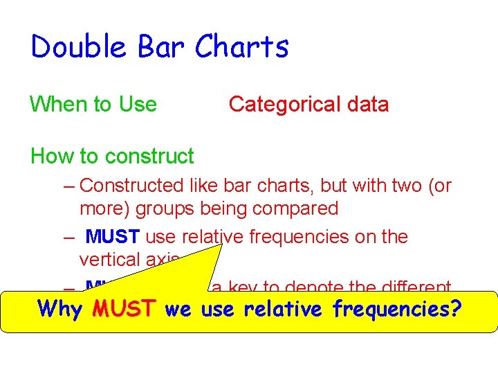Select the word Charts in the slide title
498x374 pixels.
pyautogui.click(x=241, y=47)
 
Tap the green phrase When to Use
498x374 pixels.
pyautogui.click(x=93, y=105)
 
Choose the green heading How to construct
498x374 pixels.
pyautogui.click(x=112, y=157)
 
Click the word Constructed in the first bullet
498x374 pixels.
pyautogui.click(x=132, y=186)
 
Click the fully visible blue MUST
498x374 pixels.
pyautogui.click(x=113, y=237)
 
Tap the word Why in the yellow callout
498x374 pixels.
pyautogui.click(x=60, y=309)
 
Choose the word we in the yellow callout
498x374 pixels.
pyautogui.click(x=178, y=309)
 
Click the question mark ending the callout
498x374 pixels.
pyautogui.click(x=455, y=309)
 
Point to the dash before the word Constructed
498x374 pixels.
pyautogui.click(x=69, y=186)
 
